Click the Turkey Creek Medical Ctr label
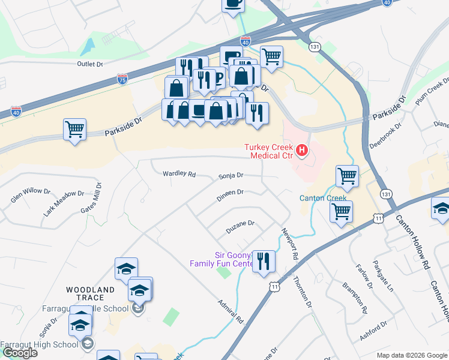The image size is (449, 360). [268, 151]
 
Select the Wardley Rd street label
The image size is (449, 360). [179, 175]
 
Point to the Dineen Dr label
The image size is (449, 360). [231, 193]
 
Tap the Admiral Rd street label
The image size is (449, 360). [230, 311]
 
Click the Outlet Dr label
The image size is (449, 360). [90, 63]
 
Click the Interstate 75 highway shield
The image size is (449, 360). [122, 79]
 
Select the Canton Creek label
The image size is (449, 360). [323, 198]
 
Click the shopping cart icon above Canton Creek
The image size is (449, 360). [347, 176]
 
